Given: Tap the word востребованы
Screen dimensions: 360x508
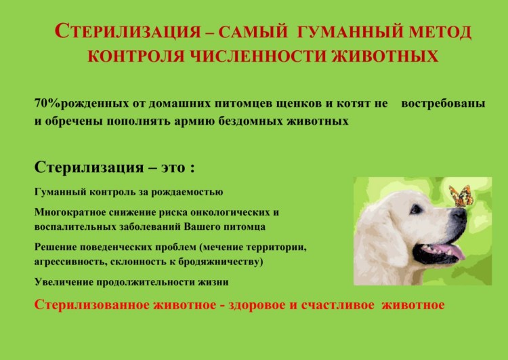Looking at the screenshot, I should (x=443, y=104).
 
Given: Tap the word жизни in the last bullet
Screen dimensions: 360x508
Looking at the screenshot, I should (x=214, y=281).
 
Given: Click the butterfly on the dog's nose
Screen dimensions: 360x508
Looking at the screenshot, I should (x=461, y=196).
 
